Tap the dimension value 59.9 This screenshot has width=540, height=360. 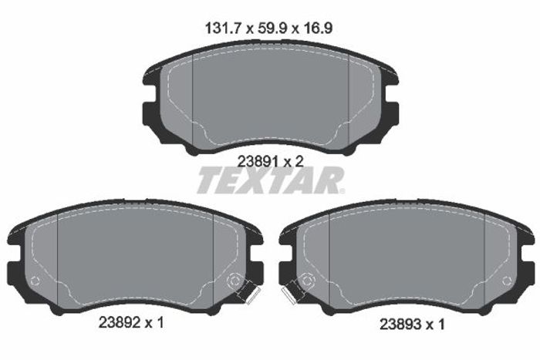[x=272, y=28]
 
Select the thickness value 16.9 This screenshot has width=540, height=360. [x=318, y=28]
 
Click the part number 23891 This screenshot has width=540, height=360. [x=258, y=160]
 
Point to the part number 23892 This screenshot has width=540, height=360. [x=119, y=322]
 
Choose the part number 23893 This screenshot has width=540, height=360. [x=400, y=325]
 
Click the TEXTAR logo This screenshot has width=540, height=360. [x=271, y=180]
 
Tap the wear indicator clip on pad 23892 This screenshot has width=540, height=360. [x=249, y=292]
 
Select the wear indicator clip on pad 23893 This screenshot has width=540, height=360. [x=292, y=292]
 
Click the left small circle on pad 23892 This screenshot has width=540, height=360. [x=35, y=281]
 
